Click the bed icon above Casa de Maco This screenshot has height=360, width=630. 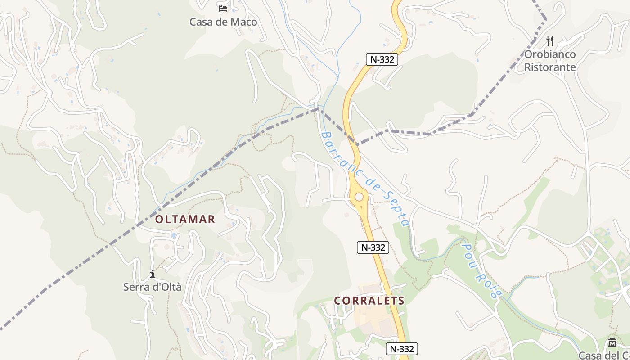coord(223,8)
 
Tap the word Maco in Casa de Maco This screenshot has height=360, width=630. coord(243,22)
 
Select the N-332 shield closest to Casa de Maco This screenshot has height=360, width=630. coord(382,59)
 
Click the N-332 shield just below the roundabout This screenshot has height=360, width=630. coord(373,247)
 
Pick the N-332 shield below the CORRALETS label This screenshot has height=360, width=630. coord(402,349)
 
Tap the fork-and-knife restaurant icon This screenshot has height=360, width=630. coord(549,41)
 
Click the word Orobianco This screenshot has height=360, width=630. coord(549,54)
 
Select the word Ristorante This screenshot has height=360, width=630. coord(550,67)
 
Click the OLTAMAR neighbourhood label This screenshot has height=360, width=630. coord(185,220)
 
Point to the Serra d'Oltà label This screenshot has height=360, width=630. coord(153,287)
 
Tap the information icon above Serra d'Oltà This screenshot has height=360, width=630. coord(153,274)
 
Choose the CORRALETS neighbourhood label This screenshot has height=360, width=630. coord(369,301)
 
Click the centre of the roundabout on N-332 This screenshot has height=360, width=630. coord(359,197)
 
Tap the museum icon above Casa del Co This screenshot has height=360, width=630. coord(612,342)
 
